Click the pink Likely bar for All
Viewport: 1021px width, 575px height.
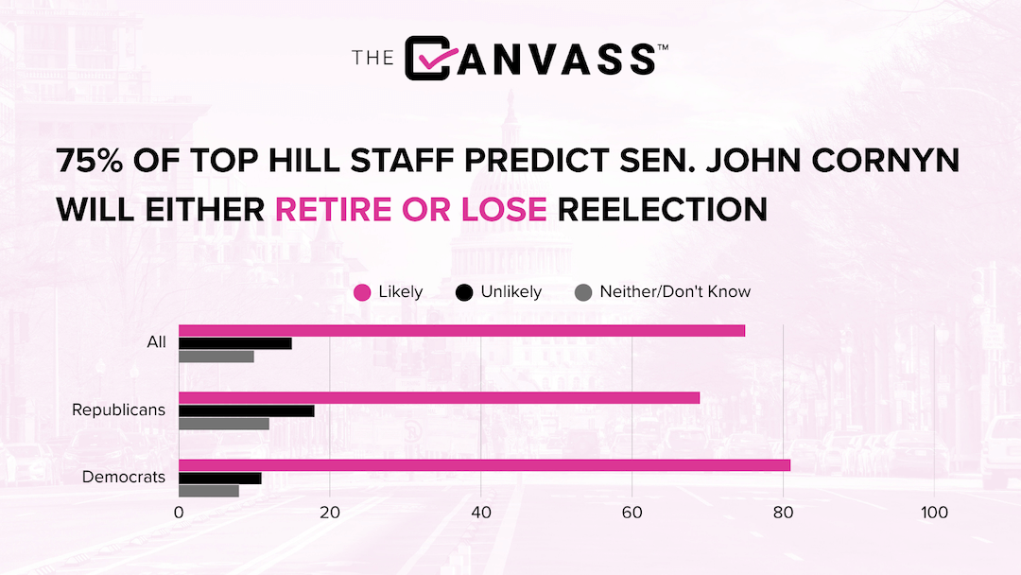click(x=461, y=331)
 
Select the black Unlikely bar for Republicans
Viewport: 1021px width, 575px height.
click(x=247, y=410)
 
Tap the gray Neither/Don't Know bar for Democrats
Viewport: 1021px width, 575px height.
click(x=209, y=491)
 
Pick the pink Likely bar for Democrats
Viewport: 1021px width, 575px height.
click(x=484, y=465)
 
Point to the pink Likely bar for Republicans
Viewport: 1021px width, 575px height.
click(x=440, y=398)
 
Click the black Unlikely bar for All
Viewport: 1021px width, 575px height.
click(x=235, y=344)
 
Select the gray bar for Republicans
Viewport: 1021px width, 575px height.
click(x=224, y=424)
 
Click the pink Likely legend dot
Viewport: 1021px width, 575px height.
click(x=362, y=292)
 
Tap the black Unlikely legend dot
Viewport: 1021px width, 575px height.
click(x=464, y=292)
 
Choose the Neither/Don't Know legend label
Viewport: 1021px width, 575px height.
click(x=675, y=291)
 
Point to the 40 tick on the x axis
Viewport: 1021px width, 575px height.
click(x=481, y=513)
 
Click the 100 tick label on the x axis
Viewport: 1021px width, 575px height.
click(x=934, y=513)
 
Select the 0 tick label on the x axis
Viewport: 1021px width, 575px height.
click(x=179, y=513)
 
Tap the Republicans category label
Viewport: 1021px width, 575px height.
click(x=118, y=409)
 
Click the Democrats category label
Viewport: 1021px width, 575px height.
click(x=124, y=477)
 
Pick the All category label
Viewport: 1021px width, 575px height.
click(x=156, y=341)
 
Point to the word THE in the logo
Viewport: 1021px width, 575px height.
click(x=373, y=58)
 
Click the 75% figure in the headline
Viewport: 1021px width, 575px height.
click(x=90, y=160)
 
